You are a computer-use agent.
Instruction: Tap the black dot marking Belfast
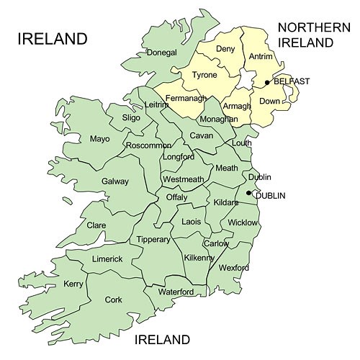(267, 82)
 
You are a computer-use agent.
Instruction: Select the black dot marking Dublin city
(248, 193)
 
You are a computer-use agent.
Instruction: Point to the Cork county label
(113, 300)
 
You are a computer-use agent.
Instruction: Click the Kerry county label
(73, 284)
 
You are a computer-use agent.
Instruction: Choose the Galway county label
(115, 181)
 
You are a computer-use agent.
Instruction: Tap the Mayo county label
(100, 138)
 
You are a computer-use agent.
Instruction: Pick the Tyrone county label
(204, 75)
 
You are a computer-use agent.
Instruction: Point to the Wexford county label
(234, 268)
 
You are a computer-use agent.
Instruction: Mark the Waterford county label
(176, 292)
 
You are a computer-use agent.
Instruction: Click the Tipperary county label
(153, 239)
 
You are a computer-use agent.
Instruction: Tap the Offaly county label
(176, 197)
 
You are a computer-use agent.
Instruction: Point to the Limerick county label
(107, 258)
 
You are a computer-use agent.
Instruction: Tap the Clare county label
(96, 225)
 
